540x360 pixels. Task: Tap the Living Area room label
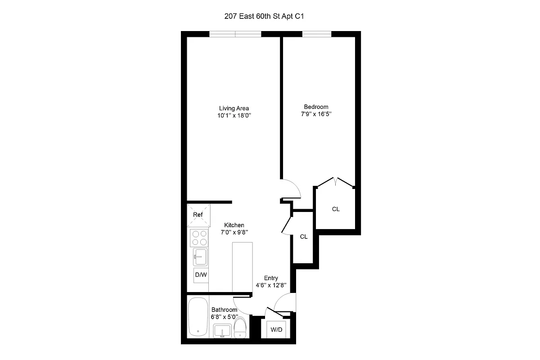pyautogui.click(x=234, y=108)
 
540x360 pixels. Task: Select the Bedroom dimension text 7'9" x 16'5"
pyautogui.click(x=316, y=115)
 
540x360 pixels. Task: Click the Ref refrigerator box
pyautogui.click(x=198, y=215)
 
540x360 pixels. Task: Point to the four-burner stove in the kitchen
pyautogui.click(x=198, y=238)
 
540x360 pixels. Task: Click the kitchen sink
pyautogui.click(x=199, y=258)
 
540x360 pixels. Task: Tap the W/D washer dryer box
pyautogui.click(x=276, y=330)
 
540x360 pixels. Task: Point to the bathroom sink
pyautogui.click(x=222, y=331)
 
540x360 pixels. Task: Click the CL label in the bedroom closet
pyautogui.click(x=336, y=209)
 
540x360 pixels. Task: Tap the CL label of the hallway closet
pyautogui.click(x=304, y=237)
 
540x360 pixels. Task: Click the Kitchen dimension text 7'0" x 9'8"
pyautogui.click(x=234, y=232)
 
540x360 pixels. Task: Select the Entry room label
pyautogui.click(x=271, y=278)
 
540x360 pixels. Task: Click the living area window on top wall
pyautogui.click(x=235, y=34)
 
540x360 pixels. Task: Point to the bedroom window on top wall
pyautogui.click(x=317, y=34)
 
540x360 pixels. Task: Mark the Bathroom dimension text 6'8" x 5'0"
pyautogui.click(x=224, y=317)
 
